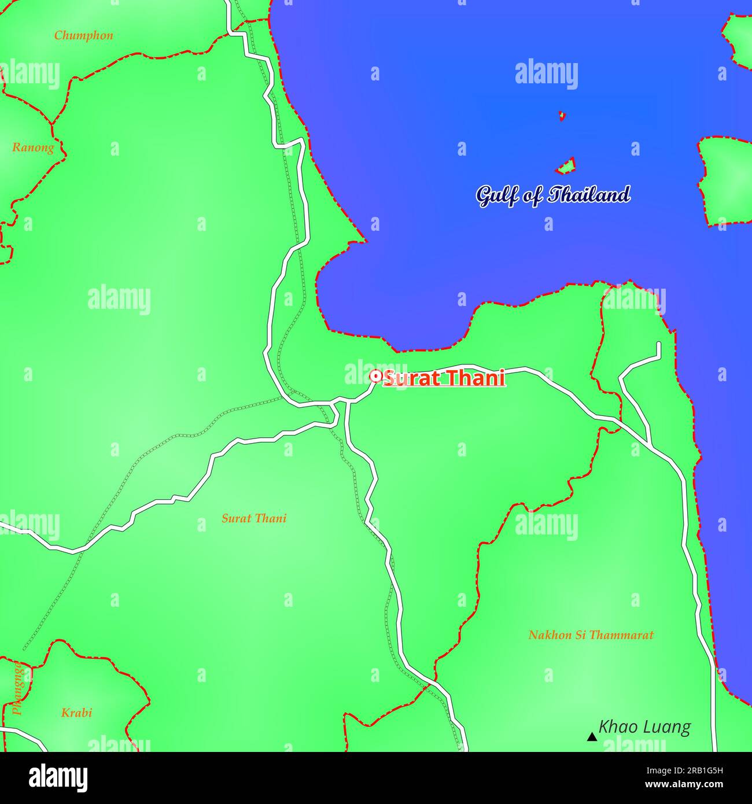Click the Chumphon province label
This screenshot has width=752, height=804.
83,35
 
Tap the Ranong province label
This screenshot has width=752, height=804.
33,147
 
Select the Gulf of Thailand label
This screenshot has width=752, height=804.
552,195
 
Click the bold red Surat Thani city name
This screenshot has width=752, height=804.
444,378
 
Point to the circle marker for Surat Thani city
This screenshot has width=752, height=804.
375,377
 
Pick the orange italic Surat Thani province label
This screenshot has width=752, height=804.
254,518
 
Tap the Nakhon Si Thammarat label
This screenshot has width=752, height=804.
591,635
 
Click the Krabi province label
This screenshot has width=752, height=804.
76,713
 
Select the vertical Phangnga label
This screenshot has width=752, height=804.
19,688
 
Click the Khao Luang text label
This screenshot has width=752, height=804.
644,727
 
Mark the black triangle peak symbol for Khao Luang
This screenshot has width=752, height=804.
591,737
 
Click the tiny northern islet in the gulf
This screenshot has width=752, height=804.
561,116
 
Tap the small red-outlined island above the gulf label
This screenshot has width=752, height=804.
566,167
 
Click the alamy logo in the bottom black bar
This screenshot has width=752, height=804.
58,778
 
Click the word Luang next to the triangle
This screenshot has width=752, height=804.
669,727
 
